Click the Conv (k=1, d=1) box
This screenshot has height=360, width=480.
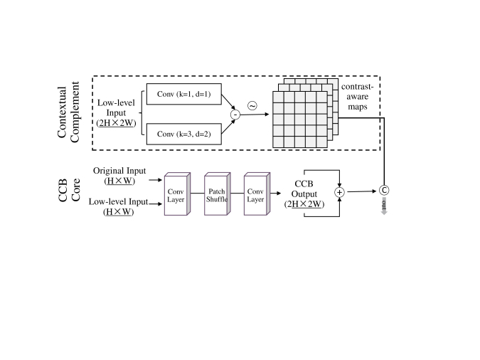184,95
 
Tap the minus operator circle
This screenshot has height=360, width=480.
236,115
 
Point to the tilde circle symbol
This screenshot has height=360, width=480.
251,106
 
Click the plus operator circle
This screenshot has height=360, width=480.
339,192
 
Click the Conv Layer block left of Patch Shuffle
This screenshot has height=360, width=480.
176,194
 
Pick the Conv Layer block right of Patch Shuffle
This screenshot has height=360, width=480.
255,194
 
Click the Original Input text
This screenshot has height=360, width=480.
119,171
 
